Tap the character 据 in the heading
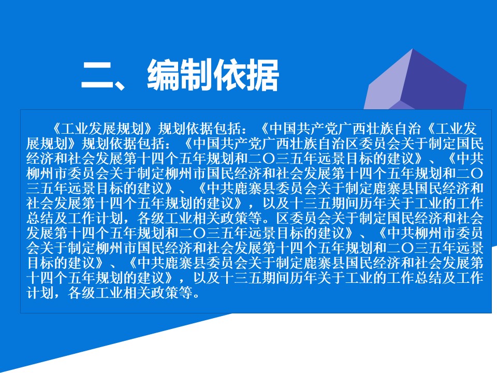(262, 75)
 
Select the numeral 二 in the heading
(97, 75)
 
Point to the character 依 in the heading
(230, 75)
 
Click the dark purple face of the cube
(434, 82)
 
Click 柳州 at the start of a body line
(40, 174)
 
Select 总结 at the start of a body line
(40, 218)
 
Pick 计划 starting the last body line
(40, 293)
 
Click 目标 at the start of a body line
(40, 263)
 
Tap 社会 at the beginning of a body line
(40, 203)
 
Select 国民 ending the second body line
(470, 144)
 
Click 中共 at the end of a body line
(470, 159)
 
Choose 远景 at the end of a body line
(470, 248)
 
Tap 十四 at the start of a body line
(40, 278)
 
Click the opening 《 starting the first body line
(55, 129)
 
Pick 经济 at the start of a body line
(40, 159)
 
